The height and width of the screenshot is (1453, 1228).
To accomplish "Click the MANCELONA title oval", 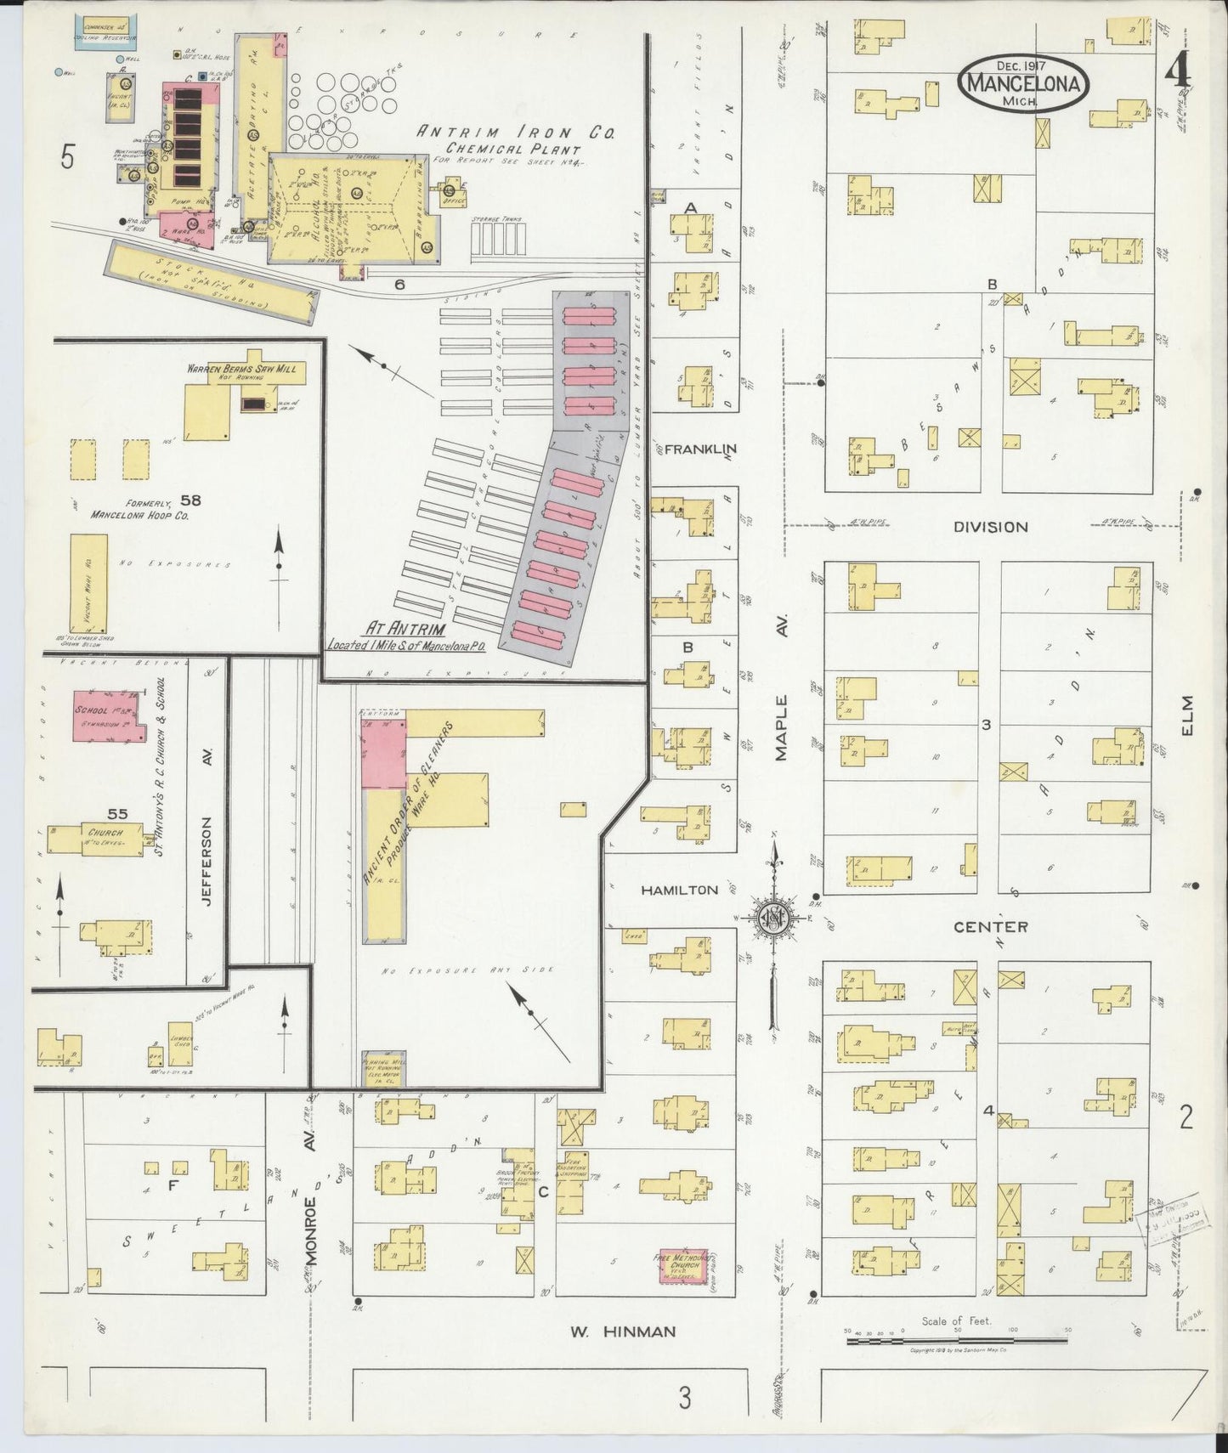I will click(1023, 83).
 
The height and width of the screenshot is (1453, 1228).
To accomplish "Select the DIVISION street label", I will click(990, 527).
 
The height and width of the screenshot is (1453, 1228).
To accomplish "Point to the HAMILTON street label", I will click(679, 890).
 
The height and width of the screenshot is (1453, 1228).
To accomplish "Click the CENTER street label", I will click(990, 926).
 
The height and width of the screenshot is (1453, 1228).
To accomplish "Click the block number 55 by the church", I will click(117, 814).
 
